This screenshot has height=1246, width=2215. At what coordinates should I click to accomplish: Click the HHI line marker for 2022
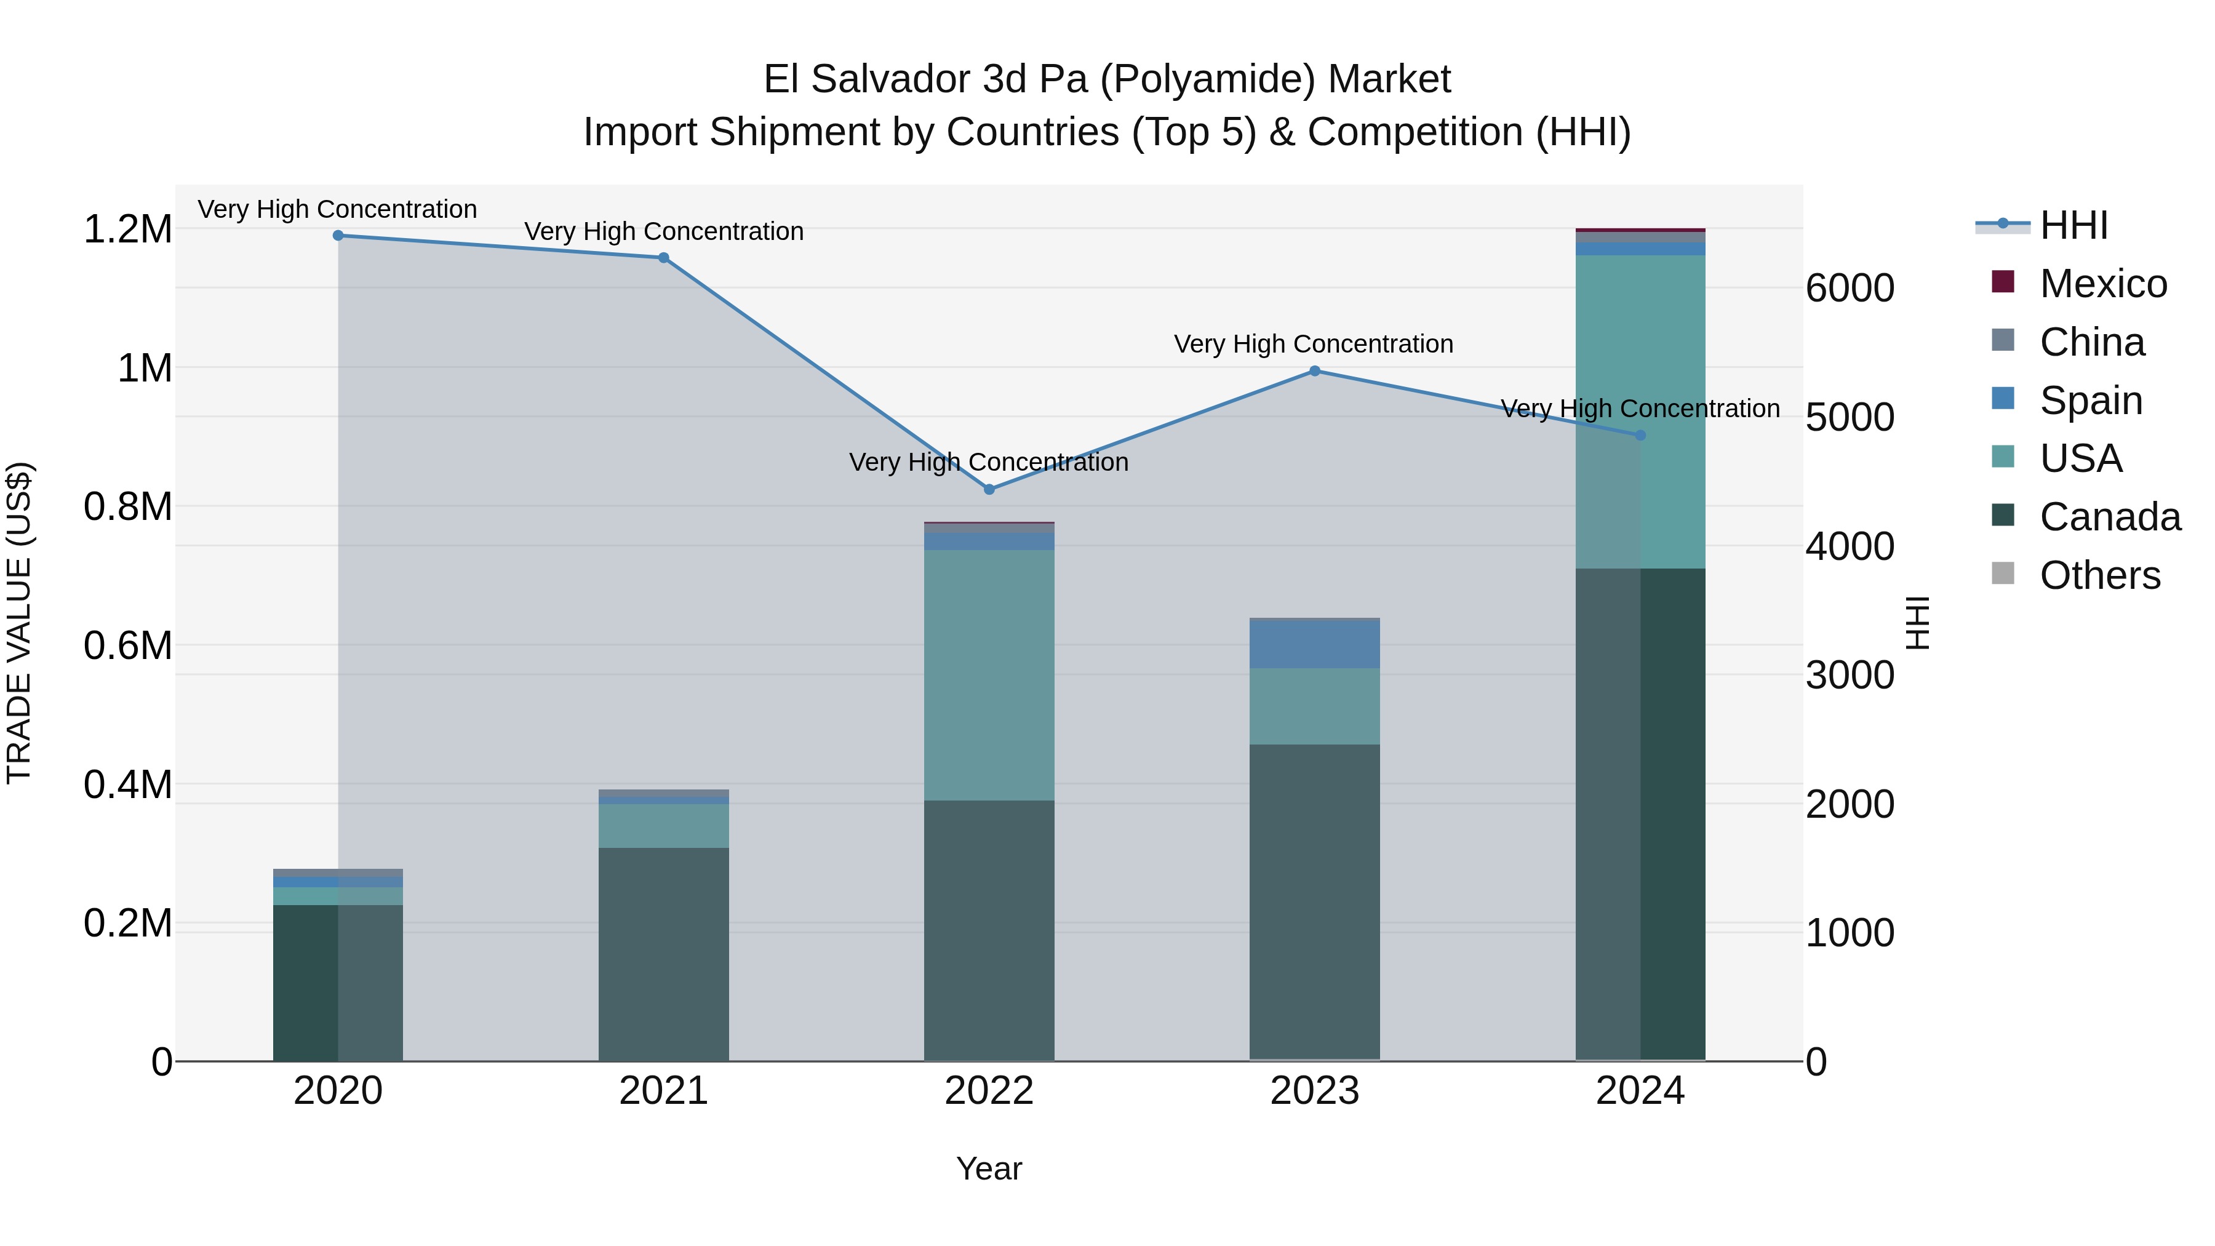(x=989, y=489)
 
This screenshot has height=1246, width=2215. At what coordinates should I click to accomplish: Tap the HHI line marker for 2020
(x=338, y=236)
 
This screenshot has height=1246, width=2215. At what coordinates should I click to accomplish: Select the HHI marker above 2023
(x=1314, y=372)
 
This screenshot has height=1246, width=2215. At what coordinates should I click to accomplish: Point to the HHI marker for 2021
(x=663, y=258)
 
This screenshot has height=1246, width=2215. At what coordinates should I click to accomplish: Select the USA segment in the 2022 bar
(x=989, y=675)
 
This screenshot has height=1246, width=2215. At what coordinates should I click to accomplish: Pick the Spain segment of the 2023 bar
(x=1314, y=644)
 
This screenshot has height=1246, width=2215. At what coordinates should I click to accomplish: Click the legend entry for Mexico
(x=2102, y=284)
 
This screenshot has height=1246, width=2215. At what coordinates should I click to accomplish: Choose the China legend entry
(x=2091, y=342)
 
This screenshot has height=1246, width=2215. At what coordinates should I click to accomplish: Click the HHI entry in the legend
(x=2073, y=225)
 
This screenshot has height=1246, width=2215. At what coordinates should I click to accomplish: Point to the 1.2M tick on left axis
(x=127, y=230)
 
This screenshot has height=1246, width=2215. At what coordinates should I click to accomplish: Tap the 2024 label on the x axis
(x=1640, y=1091)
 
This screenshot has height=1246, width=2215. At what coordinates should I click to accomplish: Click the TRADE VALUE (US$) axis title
(x=19, y=623)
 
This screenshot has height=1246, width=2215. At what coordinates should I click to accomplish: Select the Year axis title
(x=989, y=1168)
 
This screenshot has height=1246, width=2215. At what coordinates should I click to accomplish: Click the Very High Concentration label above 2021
(x=663, y=231)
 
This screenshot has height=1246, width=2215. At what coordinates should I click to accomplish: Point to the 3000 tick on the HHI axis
(x=1850, y=675)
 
